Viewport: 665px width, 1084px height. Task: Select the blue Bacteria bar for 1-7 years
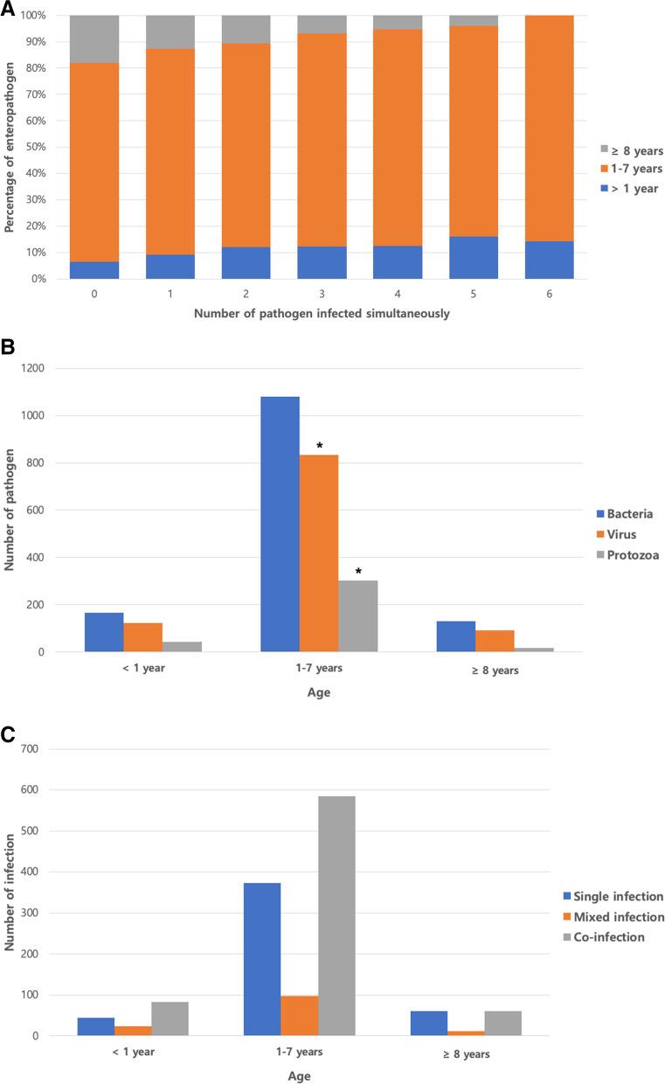point(280,525)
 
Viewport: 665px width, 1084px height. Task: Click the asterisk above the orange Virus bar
point(319,447)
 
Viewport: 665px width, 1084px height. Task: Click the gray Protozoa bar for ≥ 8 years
point(534,650)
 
